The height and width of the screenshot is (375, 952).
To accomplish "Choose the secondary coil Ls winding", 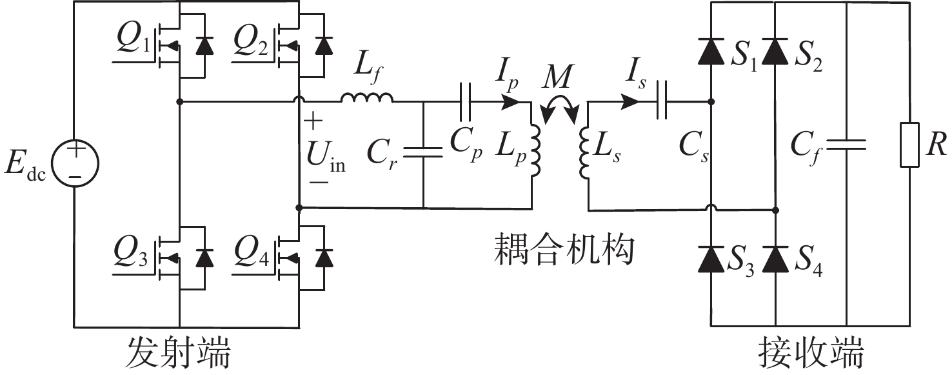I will tap(586, 153).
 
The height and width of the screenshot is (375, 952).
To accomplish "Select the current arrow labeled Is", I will tap(630, 101).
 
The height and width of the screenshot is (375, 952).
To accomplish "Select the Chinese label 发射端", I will tap(177, 355).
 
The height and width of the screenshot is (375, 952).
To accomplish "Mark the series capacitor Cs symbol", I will tap(660, 101).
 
